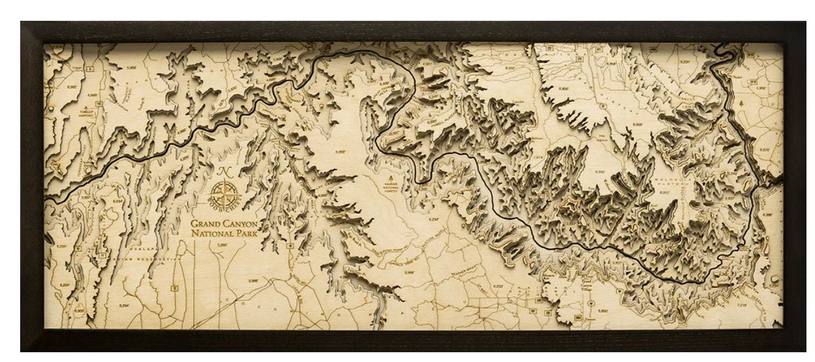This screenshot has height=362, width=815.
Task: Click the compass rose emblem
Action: point(226,194)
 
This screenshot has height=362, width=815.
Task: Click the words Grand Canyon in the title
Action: point(224,224)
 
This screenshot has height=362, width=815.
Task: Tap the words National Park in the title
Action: point(224,234)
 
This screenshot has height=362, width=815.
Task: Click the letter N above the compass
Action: point(220,173)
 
